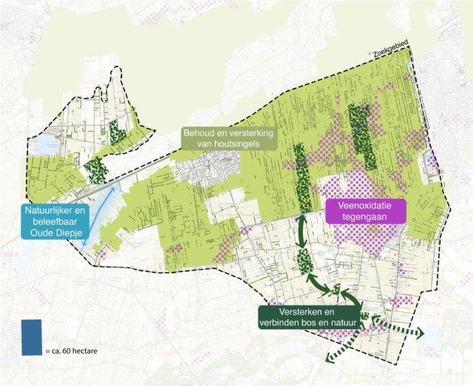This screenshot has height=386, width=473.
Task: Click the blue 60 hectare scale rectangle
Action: [32, 336]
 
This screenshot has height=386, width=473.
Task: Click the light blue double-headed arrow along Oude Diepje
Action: [100, 216]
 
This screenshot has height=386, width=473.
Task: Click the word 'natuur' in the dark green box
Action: [338, 322]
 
